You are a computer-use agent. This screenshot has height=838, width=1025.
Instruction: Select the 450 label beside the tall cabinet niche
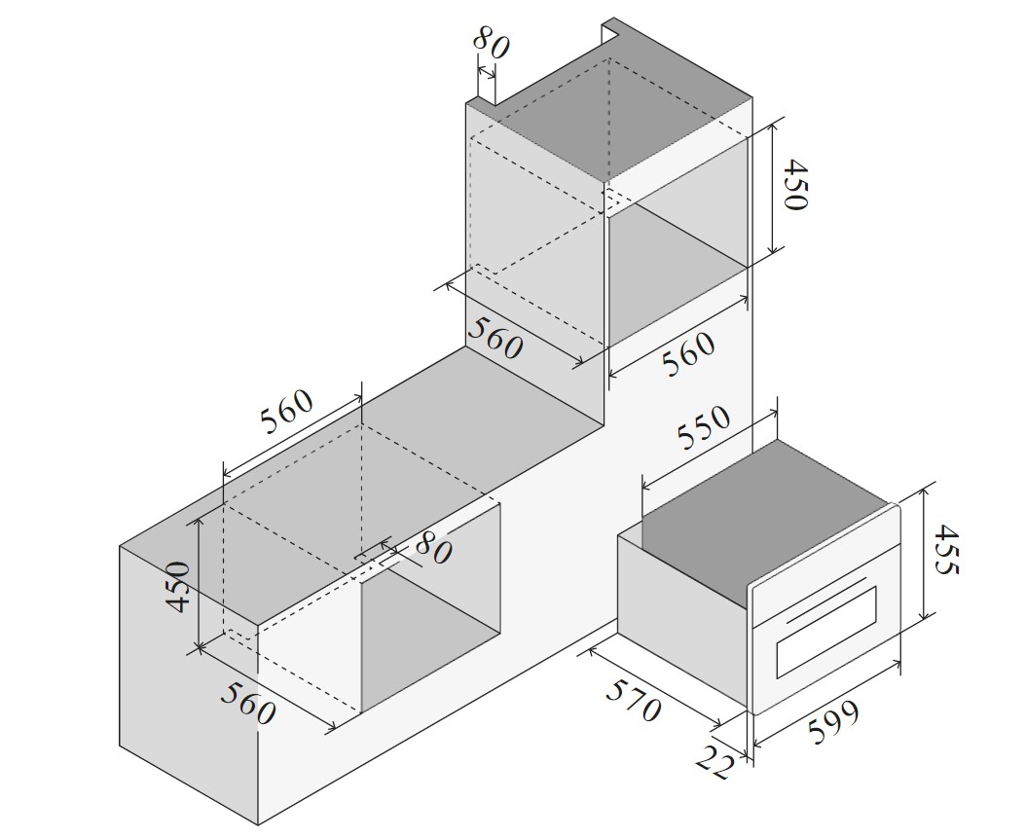pyautogui.click(x=795, y=184)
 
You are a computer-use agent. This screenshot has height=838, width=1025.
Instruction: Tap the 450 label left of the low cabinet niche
pyautogui.click(x=178, y=586)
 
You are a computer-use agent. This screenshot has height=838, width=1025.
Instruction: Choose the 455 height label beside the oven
pyautogui.click(x=945, y=549)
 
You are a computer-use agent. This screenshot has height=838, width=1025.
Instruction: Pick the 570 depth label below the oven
pyautogui.click(x=634, y=700)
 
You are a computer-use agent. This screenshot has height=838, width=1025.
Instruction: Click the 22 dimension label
pyautogui.click(x=713, y=762)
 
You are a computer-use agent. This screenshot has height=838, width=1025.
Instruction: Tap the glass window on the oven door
pyautogui.click(x=825, y=632)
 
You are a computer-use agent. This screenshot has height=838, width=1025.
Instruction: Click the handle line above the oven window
pyautogui.click(x=827, y=599)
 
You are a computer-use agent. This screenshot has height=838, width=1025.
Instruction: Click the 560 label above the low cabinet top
pyautogui.click(x=287, y=412)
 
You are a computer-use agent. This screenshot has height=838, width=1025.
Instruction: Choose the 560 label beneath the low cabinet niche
pyautogui.click(x=247, y=703)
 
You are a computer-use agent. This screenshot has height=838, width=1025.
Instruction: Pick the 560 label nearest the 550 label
pyautogui.click(x=688, y=354)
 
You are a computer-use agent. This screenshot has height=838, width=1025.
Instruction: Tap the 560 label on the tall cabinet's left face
pyautogui.click(x=495, y=338)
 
